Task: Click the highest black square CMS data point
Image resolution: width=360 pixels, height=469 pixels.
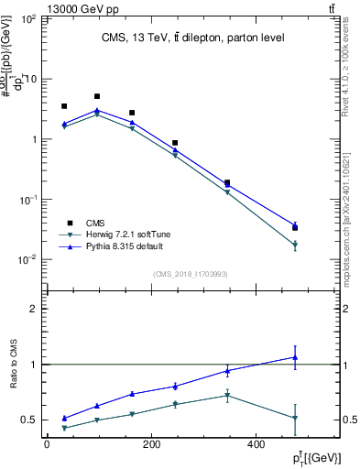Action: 97,96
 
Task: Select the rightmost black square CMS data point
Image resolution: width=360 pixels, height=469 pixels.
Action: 295,227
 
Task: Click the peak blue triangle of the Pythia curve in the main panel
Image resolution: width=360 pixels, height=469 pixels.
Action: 97,110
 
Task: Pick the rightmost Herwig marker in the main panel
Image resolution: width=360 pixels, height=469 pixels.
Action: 295,245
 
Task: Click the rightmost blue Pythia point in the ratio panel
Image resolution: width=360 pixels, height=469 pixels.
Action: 295,357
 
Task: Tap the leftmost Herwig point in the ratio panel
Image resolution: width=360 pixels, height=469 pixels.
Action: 64,428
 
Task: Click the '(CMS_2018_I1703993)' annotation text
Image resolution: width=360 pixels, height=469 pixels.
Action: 191,273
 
